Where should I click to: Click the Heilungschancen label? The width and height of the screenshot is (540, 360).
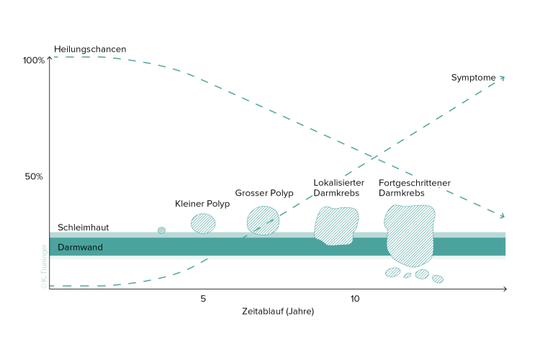click(90, 49)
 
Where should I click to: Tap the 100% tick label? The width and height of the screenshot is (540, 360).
click(34, 60)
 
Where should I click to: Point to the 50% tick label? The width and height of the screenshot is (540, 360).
click(34, 176)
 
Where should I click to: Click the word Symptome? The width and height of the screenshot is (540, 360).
click(474, 78)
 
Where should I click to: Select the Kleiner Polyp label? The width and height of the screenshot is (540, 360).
click(202, 204)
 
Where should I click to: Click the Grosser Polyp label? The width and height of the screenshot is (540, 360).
click(264, 193)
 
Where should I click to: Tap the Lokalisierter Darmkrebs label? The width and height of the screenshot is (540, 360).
click(339, 188)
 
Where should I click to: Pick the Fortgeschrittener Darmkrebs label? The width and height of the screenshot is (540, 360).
click(415, 188)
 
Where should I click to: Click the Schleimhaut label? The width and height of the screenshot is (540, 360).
click(84, 228)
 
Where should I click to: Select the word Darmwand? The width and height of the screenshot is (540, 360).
click(80, 248)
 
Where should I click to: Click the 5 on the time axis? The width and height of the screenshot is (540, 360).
click(203, 299)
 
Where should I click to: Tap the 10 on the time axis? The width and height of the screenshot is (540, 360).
click(355, 299)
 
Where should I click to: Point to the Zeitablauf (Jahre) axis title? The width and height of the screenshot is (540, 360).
click(278, 312)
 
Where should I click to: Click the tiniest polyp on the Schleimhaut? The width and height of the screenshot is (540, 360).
click(161, 230)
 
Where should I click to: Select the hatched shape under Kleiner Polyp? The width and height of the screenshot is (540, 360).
click(203, 224)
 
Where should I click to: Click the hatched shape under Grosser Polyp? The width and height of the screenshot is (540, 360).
click(263, 220)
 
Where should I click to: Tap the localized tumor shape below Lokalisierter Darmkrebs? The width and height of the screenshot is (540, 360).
click(336, 225)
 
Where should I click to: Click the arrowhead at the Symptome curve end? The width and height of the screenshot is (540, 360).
click(503, 78)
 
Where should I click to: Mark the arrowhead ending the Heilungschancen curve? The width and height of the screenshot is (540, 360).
click(503, 216)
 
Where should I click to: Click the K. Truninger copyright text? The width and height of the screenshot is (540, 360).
click(44, 266)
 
